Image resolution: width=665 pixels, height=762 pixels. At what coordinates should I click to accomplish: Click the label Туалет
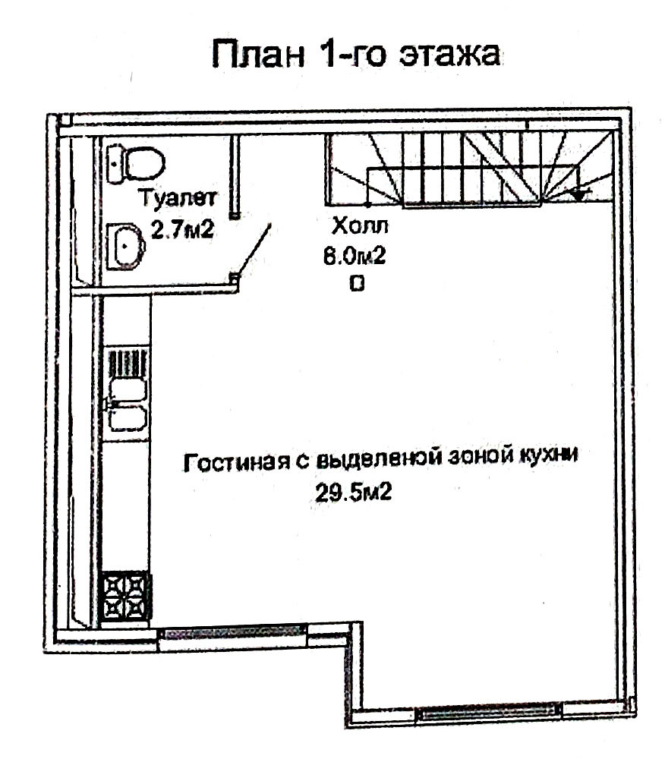coord(179,200)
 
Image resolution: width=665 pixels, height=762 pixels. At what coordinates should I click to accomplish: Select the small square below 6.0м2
coord(356,284)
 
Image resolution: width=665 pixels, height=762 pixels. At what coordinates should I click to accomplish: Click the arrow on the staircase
coord(579,194)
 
